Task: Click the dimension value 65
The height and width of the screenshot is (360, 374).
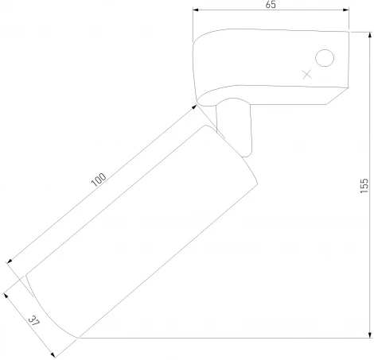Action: (271, 5)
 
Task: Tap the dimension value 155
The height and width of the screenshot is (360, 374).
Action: (364, 185)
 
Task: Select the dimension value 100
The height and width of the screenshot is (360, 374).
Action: (99, 180)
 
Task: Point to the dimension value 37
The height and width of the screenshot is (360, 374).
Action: (34, 321)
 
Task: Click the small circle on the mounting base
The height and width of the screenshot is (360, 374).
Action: (325, 58)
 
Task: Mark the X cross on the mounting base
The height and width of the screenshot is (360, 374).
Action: (307, 75)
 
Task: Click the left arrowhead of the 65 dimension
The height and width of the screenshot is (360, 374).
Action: (196, 10)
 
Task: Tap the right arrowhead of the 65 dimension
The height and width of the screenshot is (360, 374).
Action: (345, 10)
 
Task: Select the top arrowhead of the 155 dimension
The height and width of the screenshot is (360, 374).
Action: (370, 35)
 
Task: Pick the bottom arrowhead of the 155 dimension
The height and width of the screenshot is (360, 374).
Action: (370, 335)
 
